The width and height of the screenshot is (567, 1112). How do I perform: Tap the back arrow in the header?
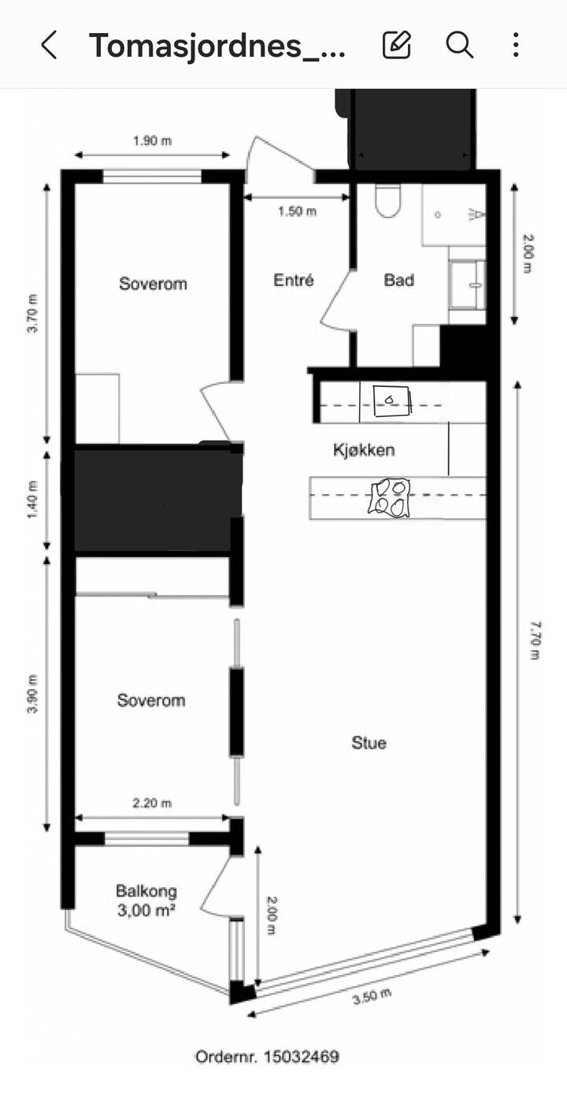(49, 45)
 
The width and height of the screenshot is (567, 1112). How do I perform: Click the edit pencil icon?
(397, 45)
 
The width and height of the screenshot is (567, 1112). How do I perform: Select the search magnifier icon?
(459, 45)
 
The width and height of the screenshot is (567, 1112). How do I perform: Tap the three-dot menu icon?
(516, 45)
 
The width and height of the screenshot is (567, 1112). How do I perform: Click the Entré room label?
(294, 280)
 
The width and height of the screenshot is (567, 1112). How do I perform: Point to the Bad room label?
(398, 280)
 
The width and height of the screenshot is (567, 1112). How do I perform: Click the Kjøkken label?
(364, 450)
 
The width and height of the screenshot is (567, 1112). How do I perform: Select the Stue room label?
(369, 742)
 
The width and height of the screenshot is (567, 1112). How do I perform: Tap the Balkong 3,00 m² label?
(146, 901)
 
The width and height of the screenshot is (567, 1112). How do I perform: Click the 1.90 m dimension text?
(152, 141)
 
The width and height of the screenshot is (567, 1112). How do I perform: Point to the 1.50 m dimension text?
(297, 211)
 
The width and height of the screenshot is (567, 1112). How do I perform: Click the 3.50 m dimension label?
(372, 996)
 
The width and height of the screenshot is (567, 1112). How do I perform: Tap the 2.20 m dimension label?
(152, 803)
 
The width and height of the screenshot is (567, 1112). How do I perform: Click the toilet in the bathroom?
(387, 201)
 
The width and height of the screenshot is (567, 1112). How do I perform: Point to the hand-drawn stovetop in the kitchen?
(389, 497)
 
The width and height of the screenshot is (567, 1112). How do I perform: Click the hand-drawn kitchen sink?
(393, 402)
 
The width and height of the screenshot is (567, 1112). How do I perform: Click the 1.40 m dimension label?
(31, 500)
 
